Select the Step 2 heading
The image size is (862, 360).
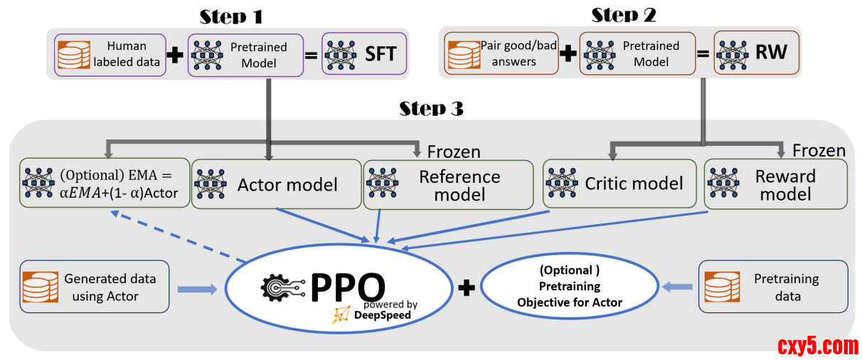point(623,15)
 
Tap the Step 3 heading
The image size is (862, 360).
point(431,108)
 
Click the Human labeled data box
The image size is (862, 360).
point(110,54)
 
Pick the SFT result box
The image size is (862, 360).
point(364,54)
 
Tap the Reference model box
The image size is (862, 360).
point(448,184)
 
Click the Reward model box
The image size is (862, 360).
point(775,184)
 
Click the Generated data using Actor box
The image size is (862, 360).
point(95,287)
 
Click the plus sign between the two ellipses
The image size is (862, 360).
point(467,287)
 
